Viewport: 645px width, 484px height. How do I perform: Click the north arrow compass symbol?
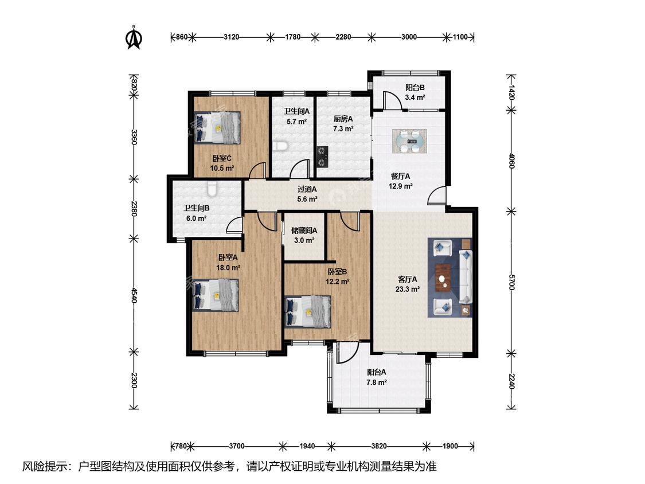click(134, 37)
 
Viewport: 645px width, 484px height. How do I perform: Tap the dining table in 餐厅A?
click(409, 141)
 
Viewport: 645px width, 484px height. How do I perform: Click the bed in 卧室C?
click(217, 127)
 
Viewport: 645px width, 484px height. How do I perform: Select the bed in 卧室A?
click(216, 295)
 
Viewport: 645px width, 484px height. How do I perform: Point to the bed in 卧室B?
click(308, 311)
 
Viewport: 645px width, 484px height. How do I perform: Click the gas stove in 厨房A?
click(322, 157)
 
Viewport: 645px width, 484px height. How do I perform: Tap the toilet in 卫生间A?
click(280, 146)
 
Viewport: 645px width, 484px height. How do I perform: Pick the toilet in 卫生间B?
click(212, 189)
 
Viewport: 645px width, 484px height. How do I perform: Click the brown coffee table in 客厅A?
click(443, 278)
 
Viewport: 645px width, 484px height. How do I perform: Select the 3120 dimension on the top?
click(231, 37)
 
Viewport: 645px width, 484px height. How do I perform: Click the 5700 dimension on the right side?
click(511, 282)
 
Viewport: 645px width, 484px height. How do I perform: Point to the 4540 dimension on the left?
click(133, 295)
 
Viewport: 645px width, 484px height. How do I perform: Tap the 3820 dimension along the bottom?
click(379, 446)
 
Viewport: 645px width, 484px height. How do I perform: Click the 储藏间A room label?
click(304, 231)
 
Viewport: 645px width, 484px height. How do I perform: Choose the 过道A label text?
click(307, 189)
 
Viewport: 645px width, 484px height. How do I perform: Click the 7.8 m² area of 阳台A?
click(376, 382)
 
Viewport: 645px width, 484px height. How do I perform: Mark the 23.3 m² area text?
click(407, 290)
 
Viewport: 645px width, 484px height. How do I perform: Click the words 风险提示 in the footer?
click(47, 466)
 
